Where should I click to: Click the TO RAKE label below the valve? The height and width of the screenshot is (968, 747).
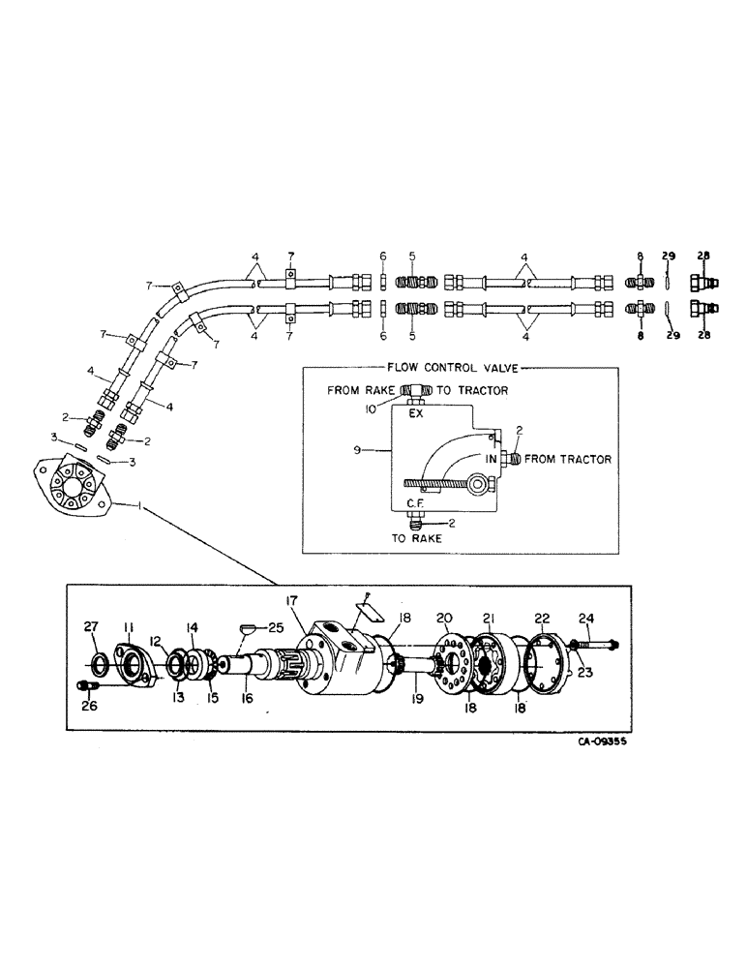pos(419,538)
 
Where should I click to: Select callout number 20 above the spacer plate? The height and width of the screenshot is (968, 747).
pos(445,618)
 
